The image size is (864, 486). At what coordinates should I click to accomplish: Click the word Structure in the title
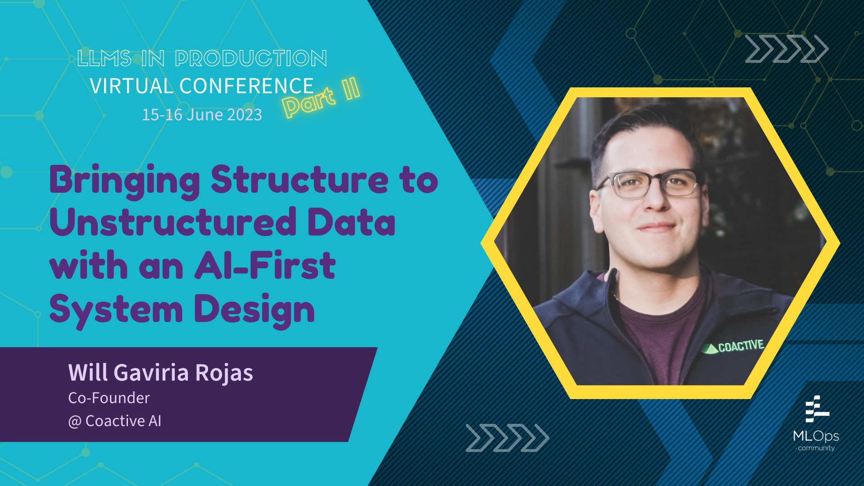pos(299,180)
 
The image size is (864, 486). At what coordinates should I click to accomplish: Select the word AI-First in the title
pos(265,266)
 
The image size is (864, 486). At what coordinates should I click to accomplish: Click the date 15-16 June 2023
pos(202,114)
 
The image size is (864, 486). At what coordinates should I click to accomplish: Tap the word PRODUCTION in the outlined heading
pos(250,59)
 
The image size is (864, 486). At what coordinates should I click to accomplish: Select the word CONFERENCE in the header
pos(246,86)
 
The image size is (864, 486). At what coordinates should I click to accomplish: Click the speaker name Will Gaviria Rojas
pos(160,372)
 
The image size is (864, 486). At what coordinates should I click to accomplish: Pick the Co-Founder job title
pos(109,398)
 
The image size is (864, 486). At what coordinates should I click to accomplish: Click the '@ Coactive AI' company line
pos(114,421)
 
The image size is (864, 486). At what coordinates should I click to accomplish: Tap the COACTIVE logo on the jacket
pos(734,346)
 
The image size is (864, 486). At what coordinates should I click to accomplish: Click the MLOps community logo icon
pos(816,409)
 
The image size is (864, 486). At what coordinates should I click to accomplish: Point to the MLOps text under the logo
pos(816,436)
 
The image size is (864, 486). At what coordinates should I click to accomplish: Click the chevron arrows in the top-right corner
pos(786,48)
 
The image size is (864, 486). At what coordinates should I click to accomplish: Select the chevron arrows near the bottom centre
pos(507,437)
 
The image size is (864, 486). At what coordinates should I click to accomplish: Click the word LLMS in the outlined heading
pos(104,59)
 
